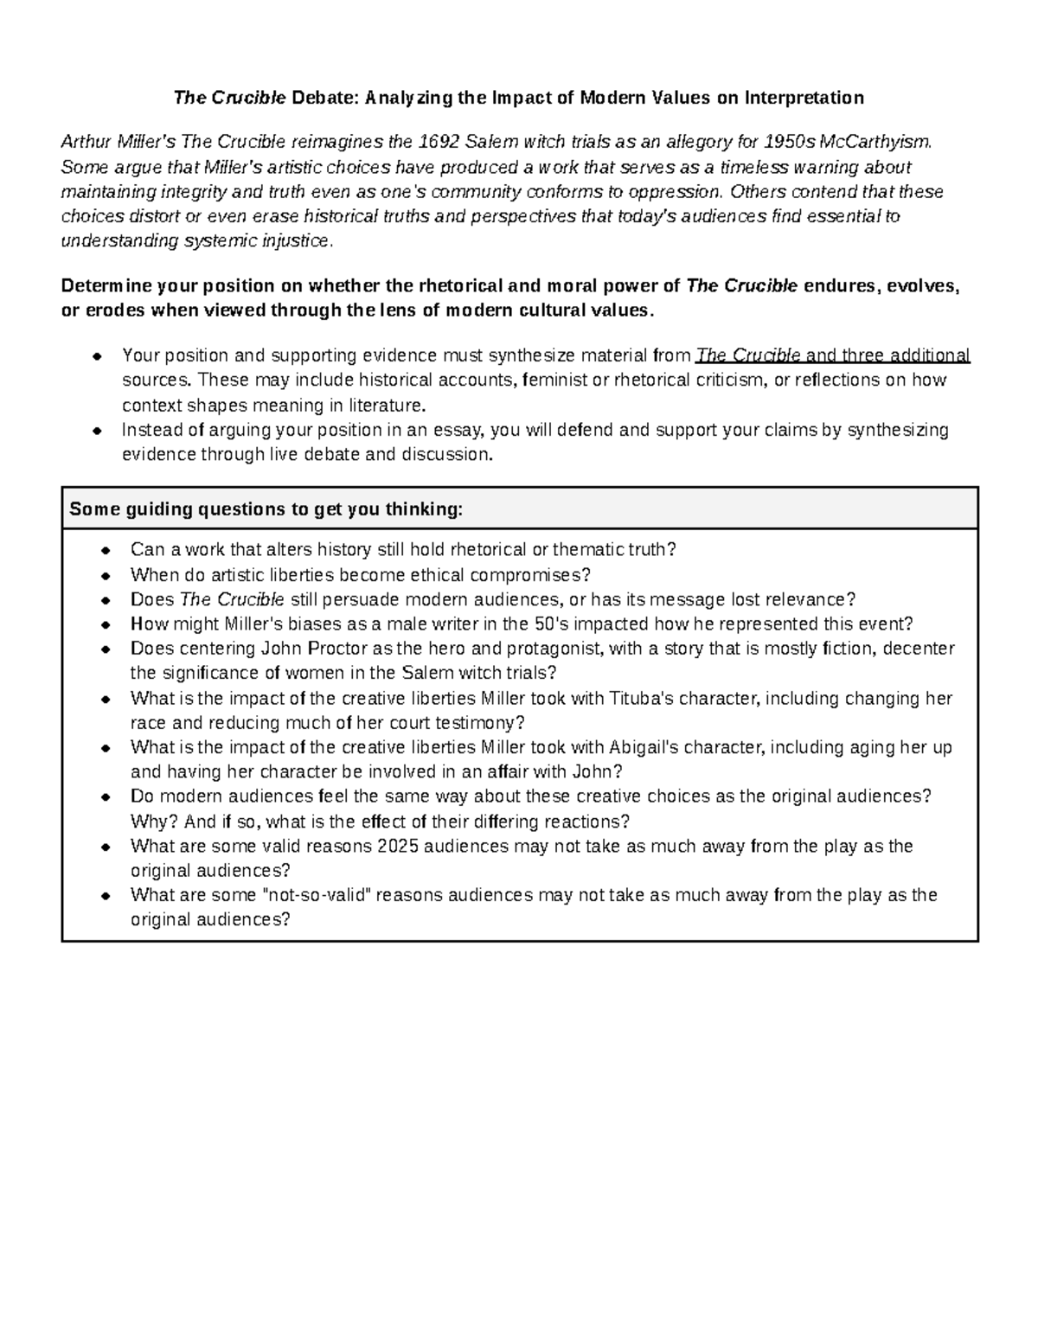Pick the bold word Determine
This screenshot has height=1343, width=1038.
[106, 286]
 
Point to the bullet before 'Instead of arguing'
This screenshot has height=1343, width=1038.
[99, 431]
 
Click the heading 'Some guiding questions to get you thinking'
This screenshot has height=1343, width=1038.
[266, 509]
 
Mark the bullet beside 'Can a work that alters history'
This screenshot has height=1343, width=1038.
[106, 551]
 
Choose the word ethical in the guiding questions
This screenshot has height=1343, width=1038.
[478, 575]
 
